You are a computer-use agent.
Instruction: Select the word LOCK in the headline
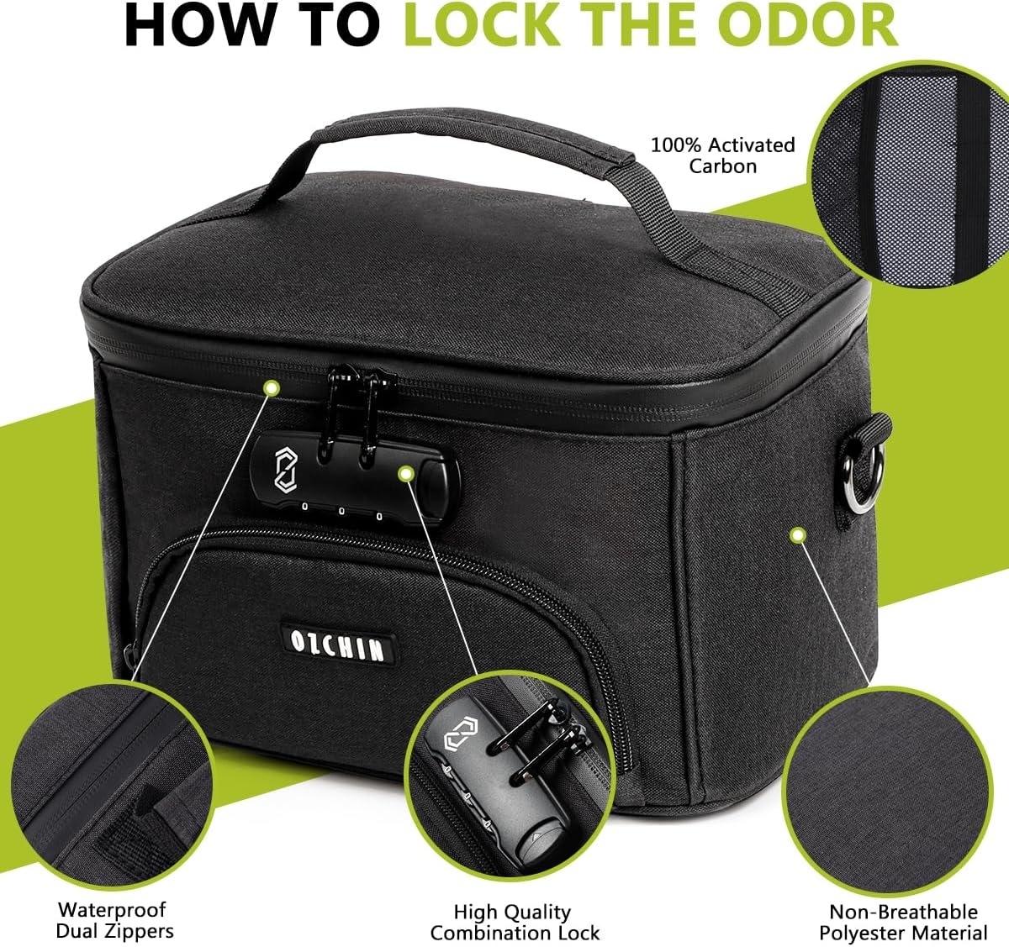point(482,25)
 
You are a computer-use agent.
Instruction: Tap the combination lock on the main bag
point(355,480)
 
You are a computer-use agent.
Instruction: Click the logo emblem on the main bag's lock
point(285,471)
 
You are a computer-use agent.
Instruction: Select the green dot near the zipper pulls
point(272,388)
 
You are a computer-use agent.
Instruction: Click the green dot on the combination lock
point(405,474)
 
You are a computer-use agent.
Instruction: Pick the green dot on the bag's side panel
point(799,535)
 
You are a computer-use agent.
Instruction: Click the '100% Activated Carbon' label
point(723,155)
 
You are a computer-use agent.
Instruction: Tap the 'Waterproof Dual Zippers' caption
point(114,920)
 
